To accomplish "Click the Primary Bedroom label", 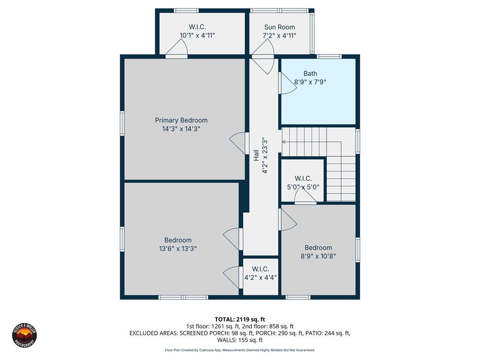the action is tap(181, 120).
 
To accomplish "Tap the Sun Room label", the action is tap(279, 27).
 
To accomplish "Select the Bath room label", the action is tap(310, 74).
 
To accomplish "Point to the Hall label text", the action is tap(256, 155).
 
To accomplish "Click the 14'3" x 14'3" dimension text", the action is tap(181, 129).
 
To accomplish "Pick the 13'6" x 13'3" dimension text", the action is tap(178, 248).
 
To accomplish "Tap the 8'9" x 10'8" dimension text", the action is tap(318, 256).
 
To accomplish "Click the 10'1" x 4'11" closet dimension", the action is tap(197, 36).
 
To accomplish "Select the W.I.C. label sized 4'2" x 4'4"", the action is tap(261, 269).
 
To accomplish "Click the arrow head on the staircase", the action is tap(284, 142).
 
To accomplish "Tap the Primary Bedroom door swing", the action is tap(237, 143).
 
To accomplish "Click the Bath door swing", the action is tap(288, 83).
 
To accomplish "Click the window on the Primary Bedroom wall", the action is tap(122, 123).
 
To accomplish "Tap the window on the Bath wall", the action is tap(329, 56).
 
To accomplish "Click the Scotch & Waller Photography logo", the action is tap(24, 335).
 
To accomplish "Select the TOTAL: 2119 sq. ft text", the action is tap(240, 320).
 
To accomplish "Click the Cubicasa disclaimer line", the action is tap(240, 350).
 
